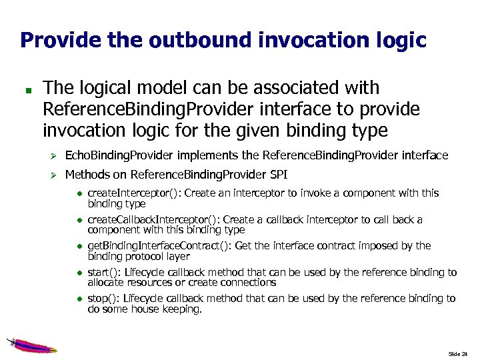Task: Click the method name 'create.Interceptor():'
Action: [134, 193]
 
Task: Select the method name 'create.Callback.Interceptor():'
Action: [153, 219]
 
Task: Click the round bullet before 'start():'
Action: [78, 273]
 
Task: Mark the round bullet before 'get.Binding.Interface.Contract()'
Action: [78, 246]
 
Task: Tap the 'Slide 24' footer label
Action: [458, 353]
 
